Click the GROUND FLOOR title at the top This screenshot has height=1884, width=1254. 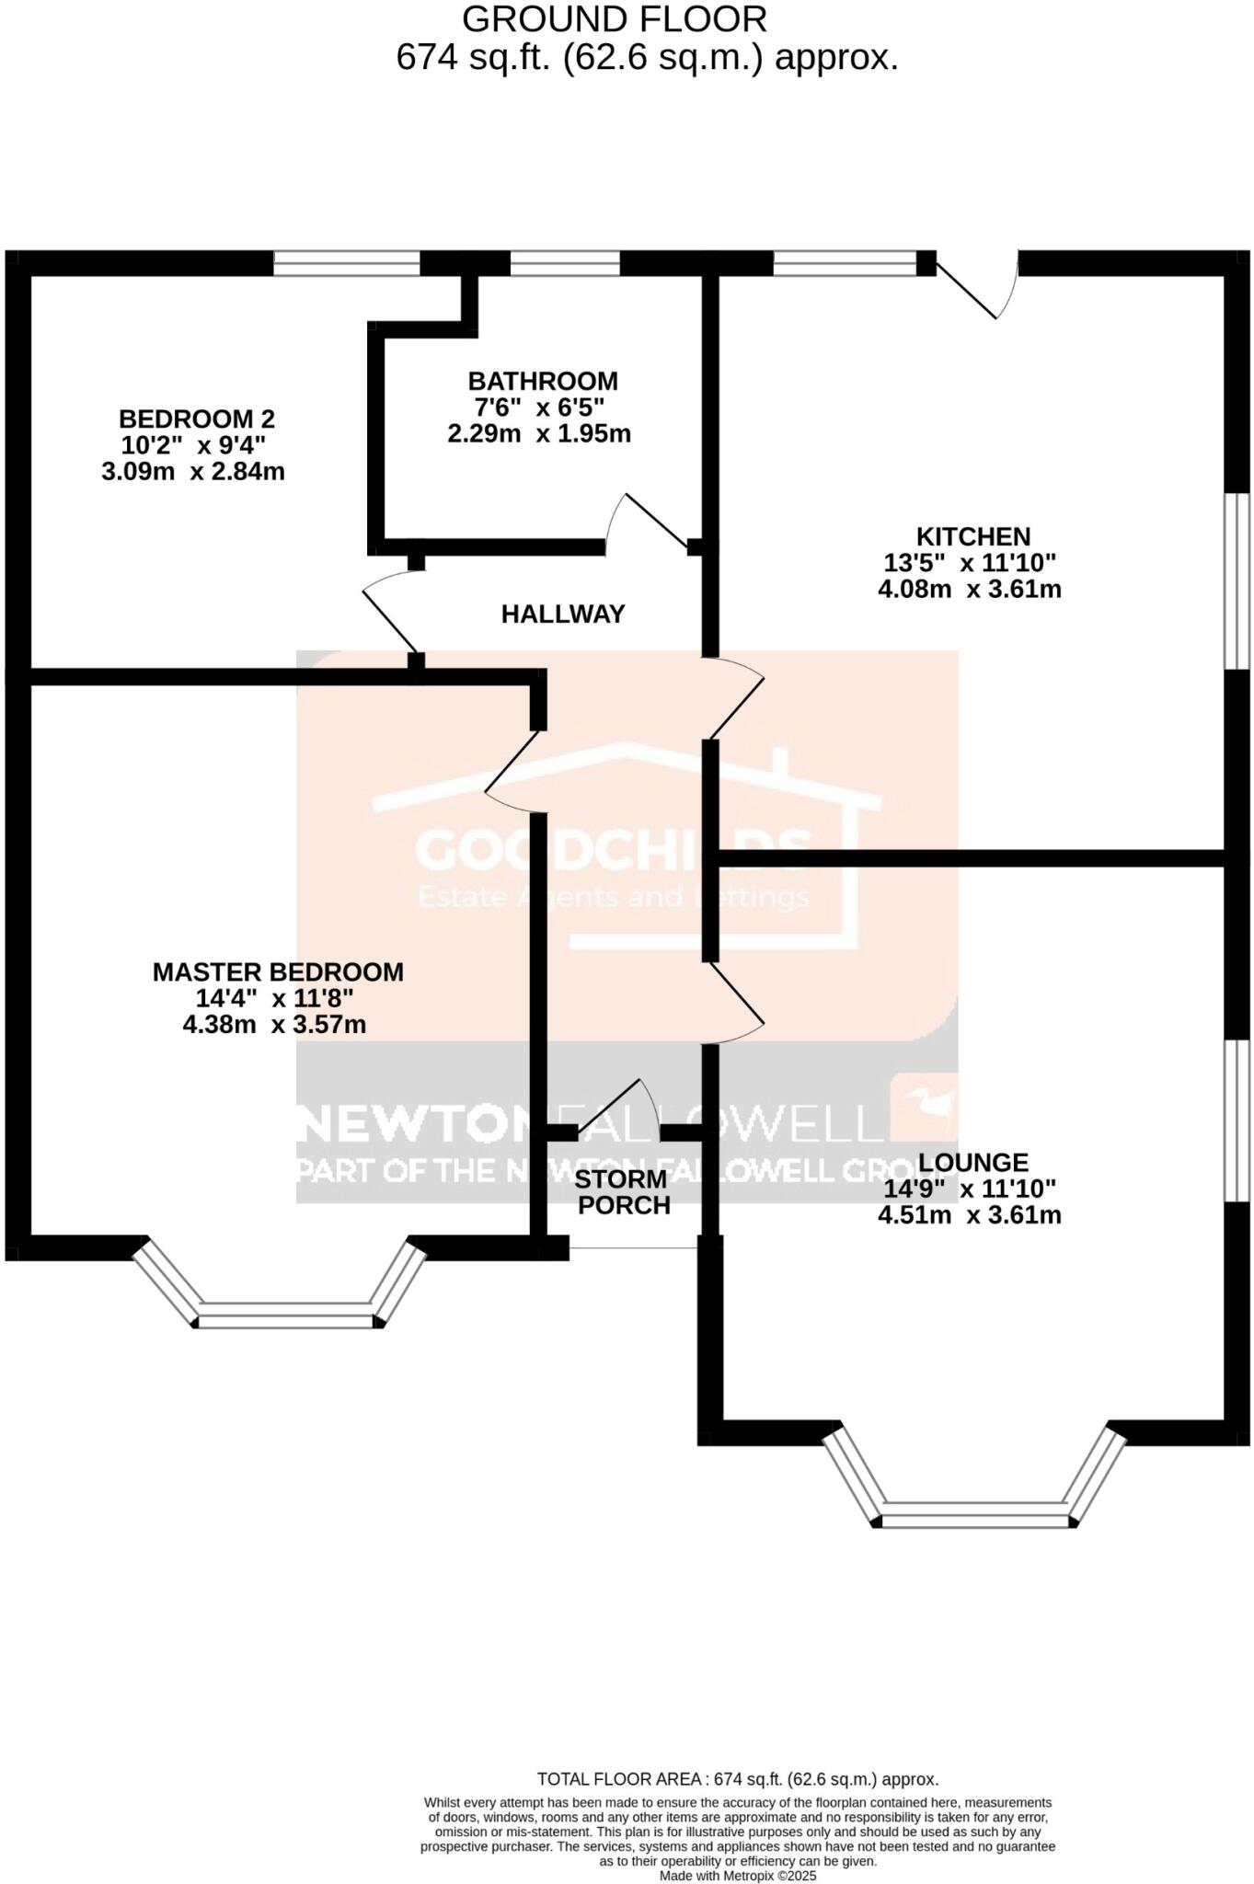[x=614, y=19]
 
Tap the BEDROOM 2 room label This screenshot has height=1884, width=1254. [x=196, y=419]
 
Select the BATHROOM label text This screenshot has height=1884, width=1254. [x=542, y=381]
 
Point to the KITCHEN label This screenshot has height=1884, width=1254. [x=972, y=536]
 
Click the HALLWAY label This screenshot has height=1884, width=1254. [x=562, y=614]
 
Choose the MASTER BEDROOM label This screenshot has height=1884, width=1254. [x=278, y=971]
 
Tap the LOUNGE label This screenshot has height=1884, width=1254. [x=972, y=1162]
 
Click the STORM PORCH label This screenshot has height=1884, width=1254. [x=623, y=1192]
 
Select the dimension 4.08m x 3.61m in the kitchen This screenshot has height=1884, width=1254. [x=969, y=589]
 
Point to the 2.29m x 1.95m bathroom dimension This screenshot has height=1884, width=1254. [x=539, y=433]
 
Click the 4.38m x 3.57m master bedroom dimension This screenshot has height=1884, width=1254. [x=274, y=1024]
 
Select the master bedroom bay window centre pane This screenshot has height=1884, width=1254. [x=287, y=1320]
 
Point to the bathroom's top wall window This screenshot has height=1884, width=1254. [x=565, y=263]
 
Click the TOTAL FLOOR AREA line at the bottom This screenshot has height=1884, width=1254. [x=737, y=1779]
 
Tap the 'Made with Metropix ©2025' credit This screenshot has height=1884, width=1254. [x=737, y=1876]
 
